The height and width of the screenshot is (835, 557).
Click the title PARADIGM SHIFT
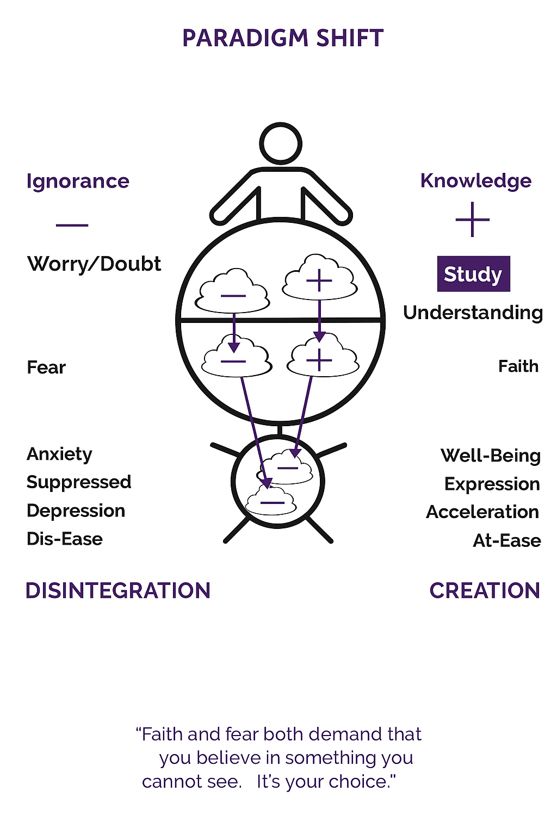click(283, 38)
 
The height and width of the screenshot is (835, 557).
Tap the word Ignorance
click(78, 182)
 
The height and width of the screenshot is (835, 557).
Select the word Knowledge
click(475, 181)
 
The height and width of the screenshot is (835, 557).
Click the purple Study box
click(473, 273)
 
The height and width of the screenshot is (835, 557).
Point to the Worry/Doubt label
click(94, 264)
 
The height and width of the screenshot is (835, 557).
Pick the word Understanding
click(473, 313)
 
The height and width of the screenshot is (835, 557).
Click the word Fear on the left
click(46, 367)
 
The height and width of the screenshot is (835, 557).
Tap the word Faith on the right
click(518, 366)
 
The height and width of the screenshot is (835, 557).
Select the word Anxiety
click(59, 454)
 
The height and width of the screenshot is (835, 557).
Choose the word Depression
click(76, 511)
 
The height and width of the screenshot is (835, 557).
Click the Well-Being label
click(491, 456)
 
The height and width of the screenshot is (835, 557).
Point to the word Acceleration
click(482, 512)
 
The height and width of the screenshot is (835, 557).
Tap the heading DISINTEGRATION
click(118, 590)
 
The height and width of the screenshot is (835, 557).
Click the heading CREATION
click(485, 590)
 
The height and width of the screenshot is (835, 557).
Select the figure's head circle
click(281, 144)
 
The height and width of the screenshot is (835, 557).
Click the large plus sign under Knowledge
click(473, 220)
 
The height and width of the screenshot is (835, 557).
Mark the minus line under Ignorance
click(72, 225)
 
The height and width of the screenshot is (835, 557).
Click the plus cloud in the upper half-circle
click(319, 278)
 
